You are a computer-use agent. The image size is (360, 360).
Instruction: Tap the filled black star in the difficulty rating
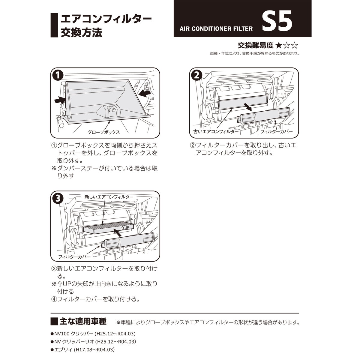(278, 46)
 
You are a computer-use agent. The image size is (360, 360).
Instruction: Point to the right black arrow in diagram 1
(145, 94)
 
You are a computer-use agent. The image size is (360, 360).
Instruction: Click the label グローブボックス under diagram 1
(103, 132)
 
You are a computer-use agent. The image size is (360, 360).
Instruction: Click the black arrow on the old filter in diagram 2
(247, 106)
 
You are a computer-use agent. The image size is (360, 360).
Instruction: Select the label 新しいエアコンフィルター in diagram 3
(109, 197)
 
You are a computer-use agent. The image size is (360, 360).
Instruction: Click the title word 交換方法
(81, 32)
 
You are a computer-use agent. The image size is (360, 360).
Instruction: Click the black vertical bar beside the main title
(54, 25)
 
